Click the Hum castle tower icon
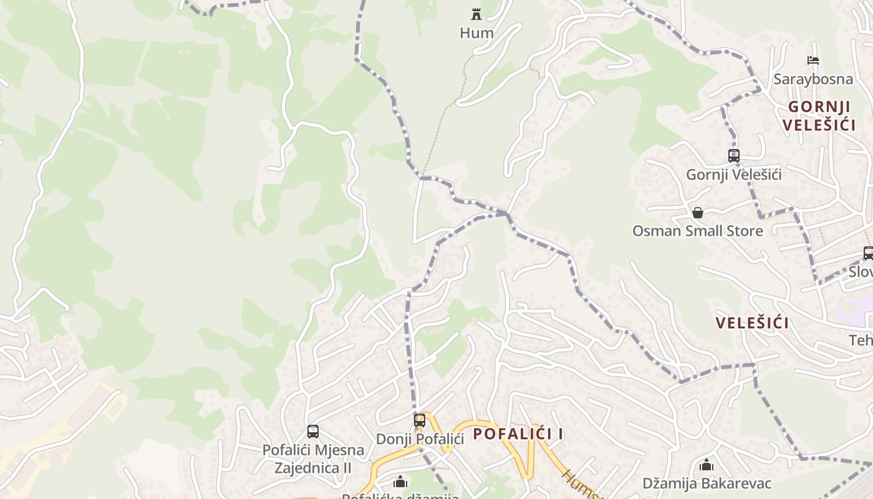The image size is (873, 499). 476,14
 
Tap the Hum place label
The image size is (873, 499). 476,33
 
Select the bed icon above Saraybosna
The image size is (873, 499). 813,61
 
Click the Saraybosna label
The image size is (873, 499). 813,79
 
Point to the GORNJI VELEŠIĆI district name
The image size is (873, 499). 818,115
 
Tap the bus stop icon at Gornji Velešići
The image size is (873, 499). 733,156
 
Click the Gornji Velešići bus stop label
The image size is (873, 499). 733,175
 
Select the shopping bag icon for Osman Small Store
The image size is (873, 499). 697,213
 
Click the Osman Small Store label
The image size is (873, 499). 697,231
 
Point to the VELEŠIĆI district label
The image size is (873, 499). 752,323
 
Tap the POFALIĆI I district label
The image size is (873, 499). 518,434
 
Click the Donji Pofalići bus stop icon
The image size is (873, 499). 420,420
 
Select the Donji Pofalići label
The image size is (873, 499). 420,438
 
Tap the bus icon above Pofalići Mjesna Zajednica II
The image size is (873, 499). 313,431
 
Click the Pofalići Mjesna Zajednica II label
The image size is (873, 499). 313,458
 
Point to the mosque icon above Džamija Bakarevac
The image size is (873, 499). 707,465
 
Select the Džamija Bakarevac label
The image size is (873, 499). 707,483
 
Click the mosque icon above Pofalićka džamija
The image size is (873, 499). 400,482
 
